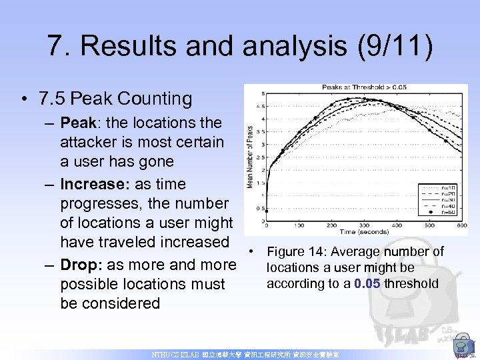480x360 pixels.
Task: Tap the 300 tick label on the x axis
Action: [364, 225]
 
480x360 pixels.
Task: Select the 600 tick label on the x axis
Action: [462, 225]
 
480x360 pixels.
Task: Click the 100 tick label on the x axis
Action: [299, 225]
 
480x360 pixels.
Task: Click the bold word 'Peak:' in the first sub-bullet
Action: [79, 123]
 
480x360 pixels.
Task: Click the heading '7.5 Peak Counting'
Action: [115, 99]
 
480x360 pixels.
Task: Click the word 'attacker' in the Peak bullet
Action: [88, 142]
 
